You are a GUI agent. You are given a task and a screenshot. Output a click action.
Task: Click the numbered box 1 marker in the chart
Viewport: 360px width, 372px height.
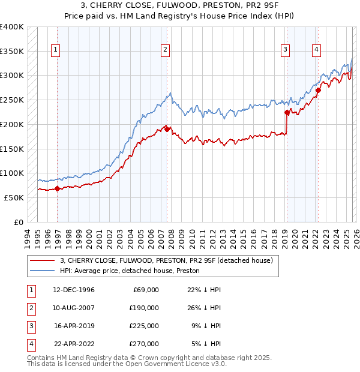coord(55,50)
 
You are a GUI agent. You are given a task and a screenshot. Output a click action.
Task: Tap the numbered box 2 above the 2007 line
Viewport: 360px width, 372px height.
coord(164,50)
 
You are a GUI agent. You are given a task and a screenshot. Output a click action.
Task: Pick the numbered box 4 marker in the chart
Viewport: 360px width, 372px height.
coord(316,50)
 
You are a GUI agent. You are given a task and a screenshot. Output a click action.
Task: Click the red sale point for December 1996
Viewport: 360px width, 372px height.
coord(58,188)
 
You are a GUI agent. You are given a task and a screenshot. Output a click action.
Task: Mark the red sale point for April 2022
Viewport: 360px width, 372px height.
coord(318,90)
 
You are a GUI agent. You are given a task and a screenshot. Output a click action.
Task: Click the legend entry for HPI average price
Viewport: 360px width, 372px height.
coord(129,271)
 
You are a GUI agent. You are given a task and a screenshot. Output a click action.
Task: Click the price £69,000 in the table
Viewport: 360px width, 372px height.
coord(145,289)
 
